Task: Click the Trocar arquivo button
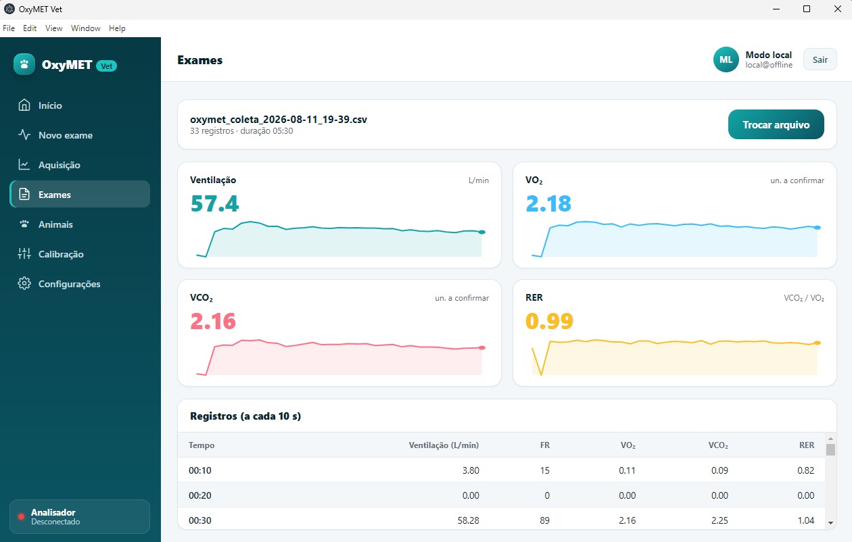(776, 124)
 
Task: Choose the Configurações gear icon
(24, 284)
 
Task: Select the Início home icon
(24, 105)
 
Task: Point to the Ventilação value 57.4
(214, 203)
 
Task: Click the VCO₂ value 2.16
(213, 321)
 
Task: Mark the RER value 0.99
(549, 321)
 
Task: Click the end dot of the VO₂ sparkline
(818, 227)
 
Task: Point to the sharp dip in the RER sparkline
(541, 374)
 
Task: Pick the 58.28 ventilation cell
(468, 520)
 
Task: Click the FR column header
(545, 445)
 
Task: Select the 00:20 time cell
(200, 495)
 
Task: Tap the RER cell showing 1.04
(805, 520)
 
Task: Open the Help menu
(117, 28)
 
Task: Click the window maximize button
(807, 9)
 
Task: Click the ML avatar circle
(726, 59)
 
